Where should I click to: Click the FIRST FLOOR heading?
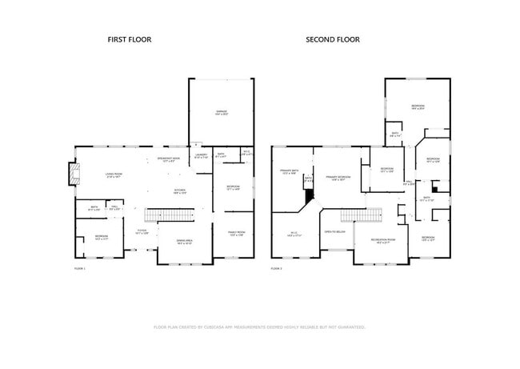[x=130, y=39]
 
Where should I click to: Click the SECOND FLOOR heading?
[x=333, y=39]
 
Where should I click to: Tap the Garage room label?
[x=221, y=113]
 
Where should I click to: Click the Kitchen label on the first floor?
[x=181, y=191]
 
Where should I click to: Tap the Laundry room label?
[x=202, y=156]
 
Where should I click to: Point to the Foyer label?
[x=142, y=232]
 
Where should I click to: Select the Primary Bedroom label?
[x=338, y=178]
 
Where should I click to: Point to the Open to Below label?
[x=334, y=231]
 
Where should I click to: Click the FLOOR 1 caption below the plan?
[x=79, y=268]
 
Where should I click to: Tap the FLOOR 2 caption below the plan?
[x=277, y=268]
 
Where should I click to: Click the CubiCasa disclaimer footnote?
[x=259, y=327]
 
